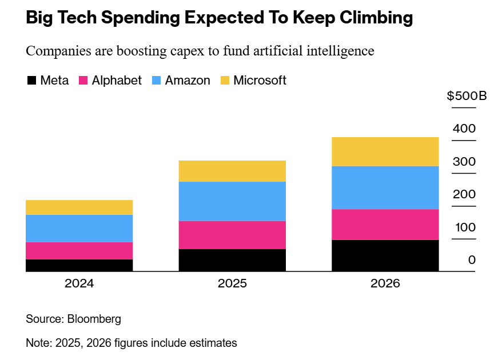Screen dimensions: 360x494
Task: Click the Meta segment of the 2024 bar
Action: tap(79, 265)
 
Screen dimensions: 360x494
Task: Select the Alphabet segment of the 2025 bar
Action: tap(232, 235)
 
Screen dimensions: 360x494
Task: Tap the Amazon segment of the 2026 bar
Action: tap(385, 187)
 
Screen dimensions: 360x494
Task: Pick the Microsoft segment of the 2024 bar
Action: tap(79, 207)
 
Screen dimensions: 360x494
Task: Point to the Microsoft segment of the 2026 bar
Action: tap(385, 151)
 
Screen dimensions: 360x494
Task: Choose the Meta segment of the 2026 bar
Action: tap(385, 255)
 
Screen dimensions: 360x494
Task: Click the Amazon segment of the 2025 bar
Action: tap(232, 201)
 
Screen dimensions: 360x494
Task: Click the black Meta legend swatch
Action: tap(32, 81)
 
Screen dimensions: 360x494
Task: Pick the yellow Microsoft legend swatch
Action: tap(225, 81)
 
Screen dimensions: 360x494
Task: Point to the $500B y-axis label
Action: tap(467, 95)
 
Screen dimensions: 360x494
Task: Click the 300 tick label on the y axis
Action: tap(464, 162)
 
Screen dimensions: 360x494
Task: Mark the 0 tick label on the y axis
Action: tap(472, 261)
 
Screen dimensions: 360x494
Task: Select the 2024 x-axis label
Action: tap(79, 283)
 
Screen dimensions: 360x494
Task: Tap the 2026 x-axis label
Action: tap(385, 283)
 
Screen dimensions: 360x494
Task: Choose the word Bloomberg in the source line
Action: tap(94, 319)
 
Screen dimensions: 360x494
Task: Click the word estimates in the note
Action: tap(212, 343)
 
